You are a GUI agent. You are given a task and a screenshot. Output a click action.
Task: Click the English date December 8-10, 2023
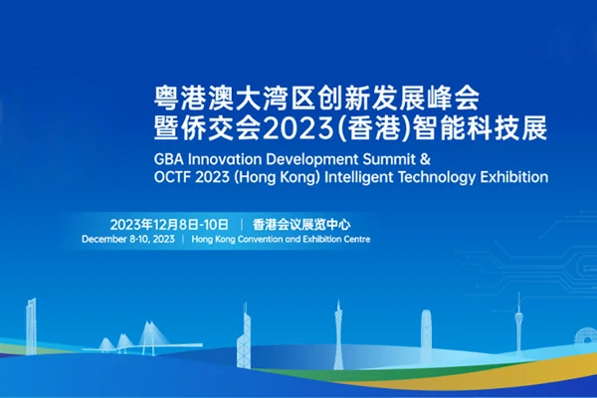(x=128, y=240)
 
